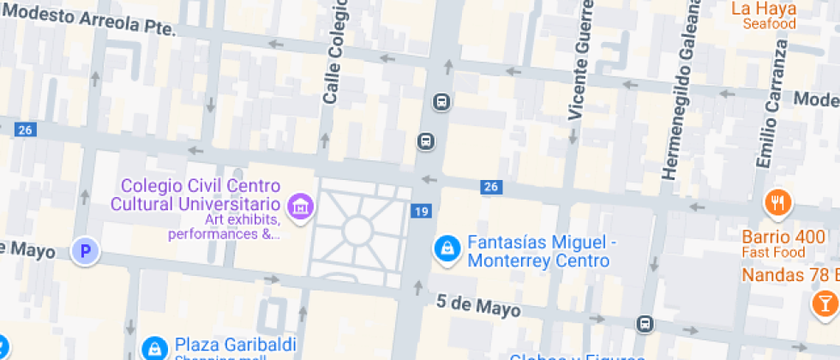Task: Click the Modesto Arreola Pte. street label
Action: [90, 20]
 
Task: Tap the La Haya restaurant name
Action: [763, 9]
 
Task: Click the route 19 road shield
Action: [420, 212]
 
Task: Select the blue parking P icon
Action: [85, 251]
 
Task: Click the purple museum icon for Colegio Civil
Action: [301, 206]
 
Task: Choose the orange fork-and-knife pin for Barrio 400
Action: [778, 203]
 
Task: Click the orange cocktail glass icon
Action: [825, 303]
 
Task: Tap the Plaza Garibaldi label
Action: [235, 345]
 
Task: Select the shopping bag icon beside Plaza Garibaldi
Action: [154, 348]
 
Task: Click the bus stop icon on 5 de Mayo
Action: [645, 323]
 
